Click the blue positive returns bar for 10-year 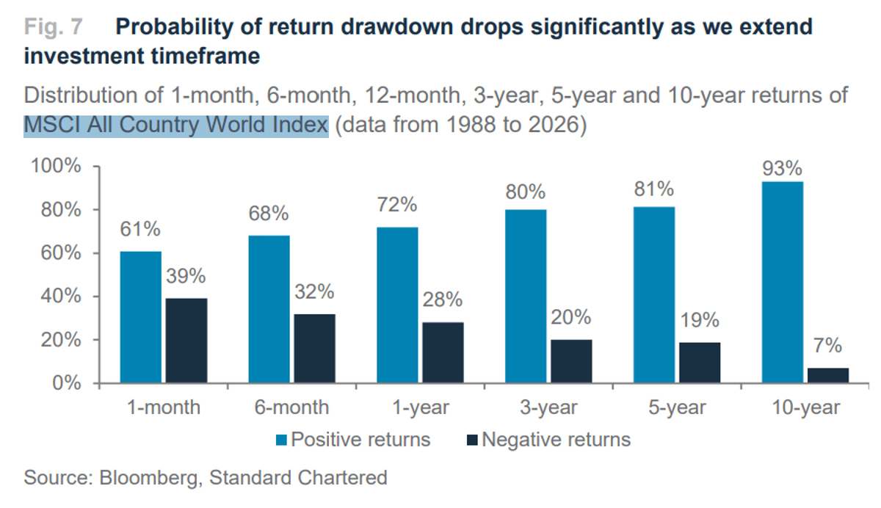[x=783, y=283]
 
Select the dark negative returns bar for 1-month [x=186, y=341]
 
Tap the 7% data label [x=828, y=346]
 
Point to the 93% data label [x=783, y=168]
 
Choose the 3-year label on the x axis [x=547, y=407]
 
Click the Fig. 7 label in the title [x=54, y=28]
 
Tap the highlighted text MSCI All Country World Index [x=175, y=126]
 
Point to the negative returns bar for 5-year [x=700, y=363]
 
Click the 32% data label [x=314, y=291]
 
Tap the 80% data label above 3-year [x=526, y=192]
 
